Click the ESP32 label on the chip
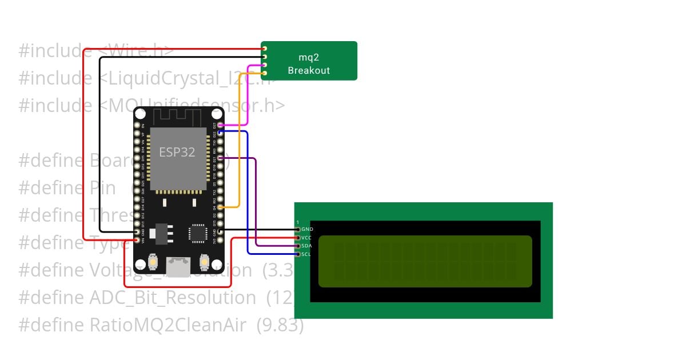point(177,152)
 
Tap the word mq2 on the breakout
point(309,57)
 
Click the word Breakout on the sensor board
point(309,71)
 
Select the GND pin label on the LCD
point(307,229)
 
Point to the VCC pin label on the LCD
point(307,237)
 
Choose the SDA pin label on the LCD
point(307,246)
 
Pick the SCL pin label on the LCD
point(306,254)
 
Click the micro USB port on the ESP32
point(178,266)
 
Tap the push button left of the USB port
point(153,262)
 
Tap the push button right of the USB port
point(204,262)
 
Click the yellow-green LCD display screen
point(425,261)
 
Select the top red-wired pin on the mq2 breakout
point(265,49)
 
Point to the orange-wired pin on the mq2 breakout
point(265,73)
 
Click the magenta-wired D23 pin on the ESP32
point(220,125)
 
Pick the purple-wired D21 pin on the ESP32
point(220,158)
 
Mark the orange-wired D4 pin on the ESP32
point(220,207)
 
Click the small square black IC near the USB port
point(197,233)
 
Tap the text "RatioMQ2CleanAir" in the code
point(168,325)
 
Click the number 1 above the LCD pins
point(297,222)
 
